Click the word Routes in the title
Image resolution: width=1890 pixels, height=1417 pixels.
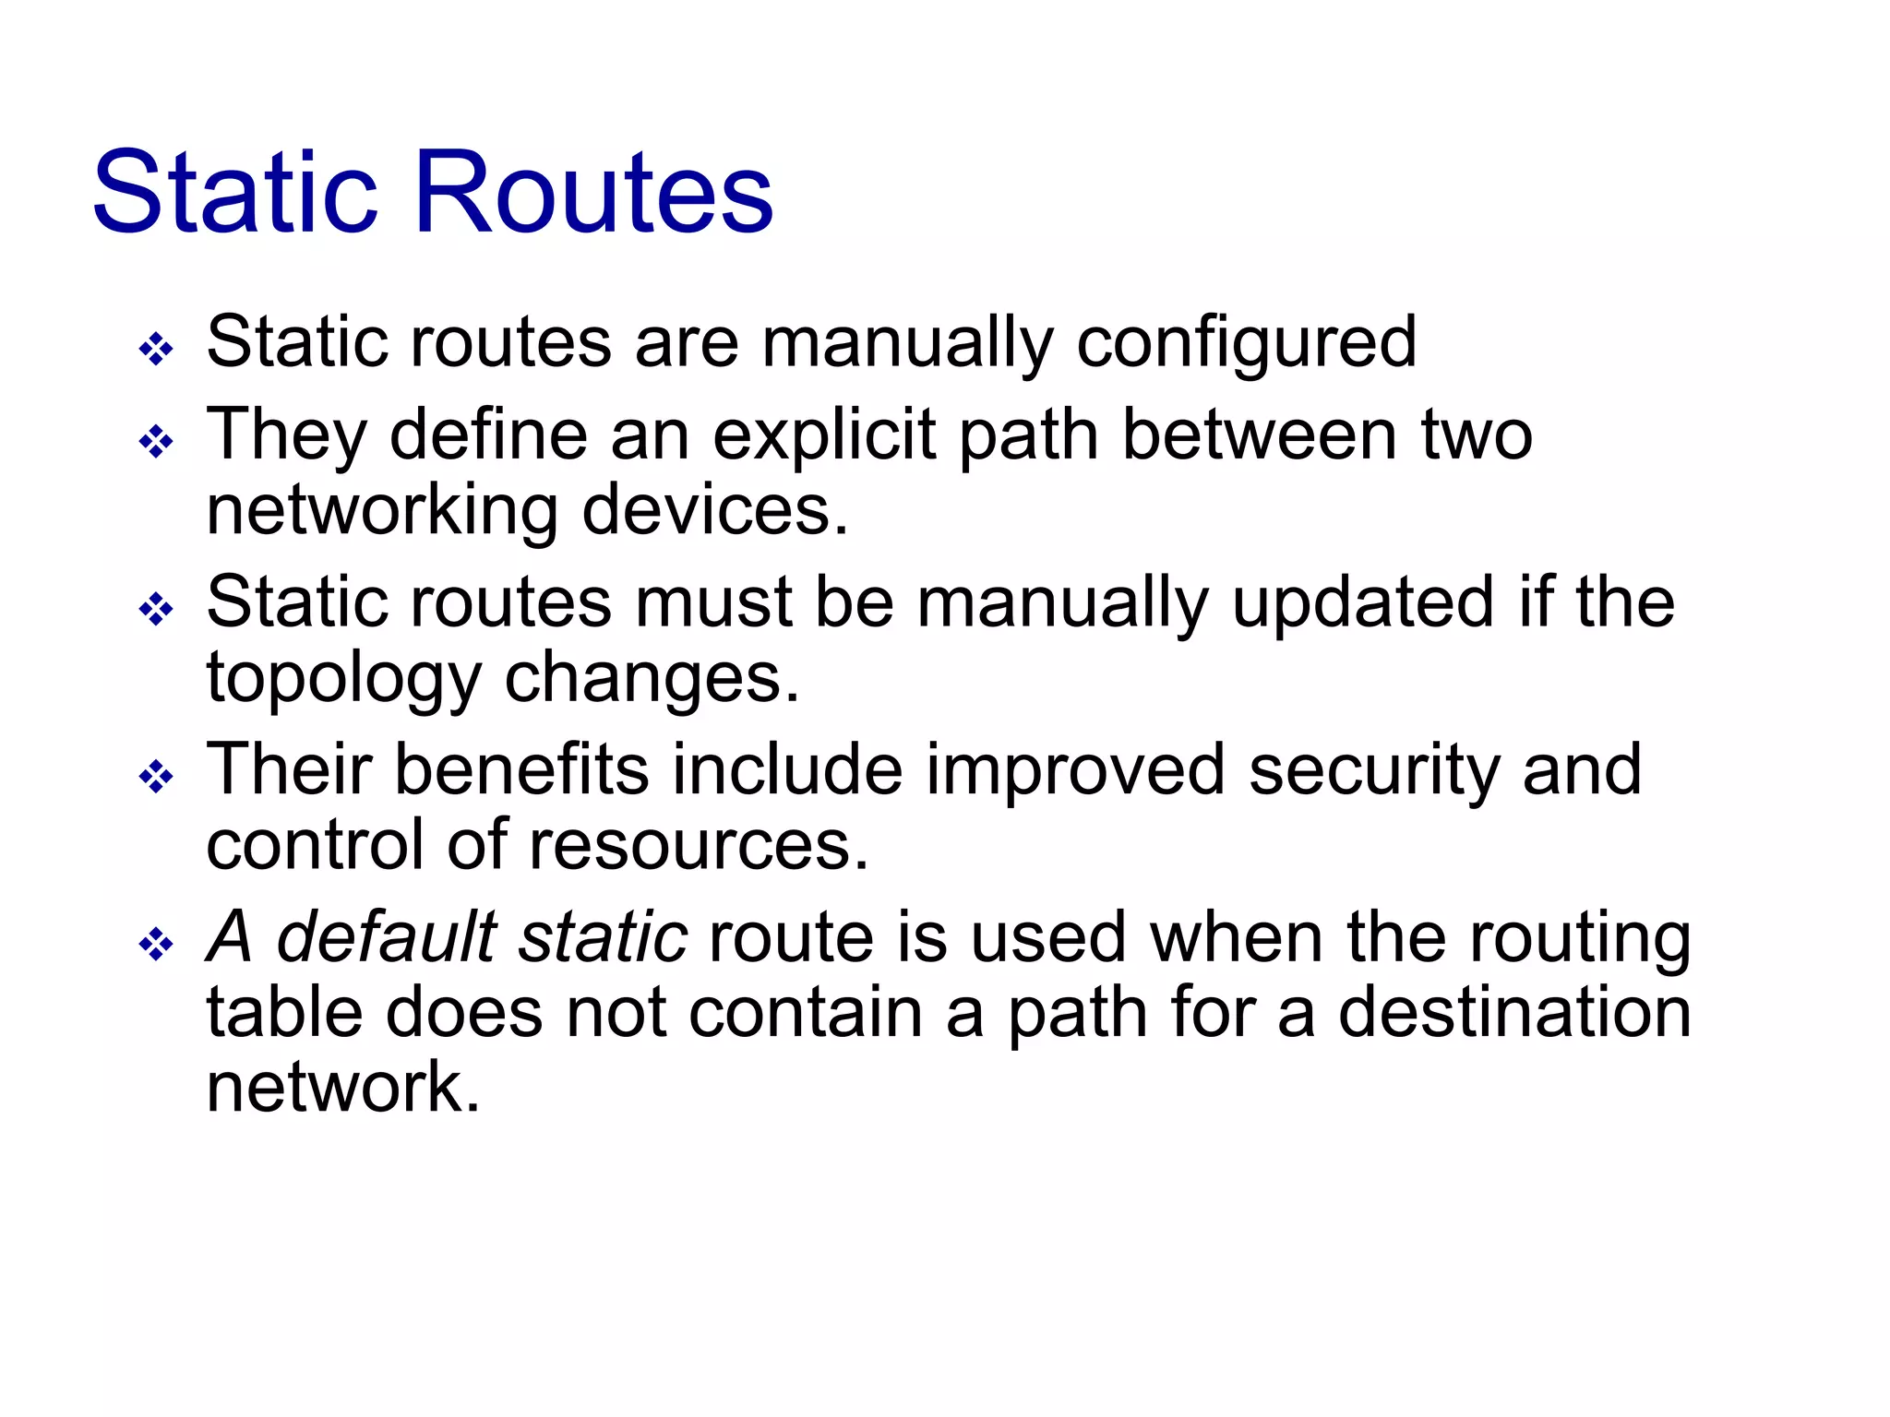pyautogui.click(x=594, y=193)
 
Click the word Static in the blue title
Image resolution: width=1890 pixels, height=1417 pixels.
pyautogui.click(x=236, y=193)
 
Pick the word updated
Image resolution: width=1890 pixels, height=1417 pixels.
pyautogui.click(x=1362, y=602)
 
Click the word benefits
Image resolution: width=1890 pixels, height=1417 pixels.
pyautogui.click(x=521, y=769)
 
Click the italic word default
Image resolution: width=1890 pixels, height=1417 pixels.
pyautogui.click(x=387, y=937)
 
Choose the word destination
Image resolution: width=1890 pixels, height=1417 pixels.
pyautogui.click(x=1514, y=1012)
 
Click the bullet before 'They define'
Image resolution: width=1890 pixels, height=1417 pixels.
pyautogui.click(x=156, y=442)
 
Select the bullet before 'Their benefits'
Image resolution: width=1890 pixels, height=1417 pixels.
pyautogui.click(x=156, y=777)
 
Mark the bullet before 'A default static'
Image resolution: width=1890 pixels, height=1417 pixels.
pyautogui.click(x=156, y=944)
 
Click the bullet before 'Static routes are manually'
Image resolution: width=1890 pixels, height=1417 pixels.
pyautogui.click(x=156, y=350)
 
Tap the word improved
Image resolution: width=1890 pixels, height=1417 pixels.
pyautogui.click(x=1075, y=769)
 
